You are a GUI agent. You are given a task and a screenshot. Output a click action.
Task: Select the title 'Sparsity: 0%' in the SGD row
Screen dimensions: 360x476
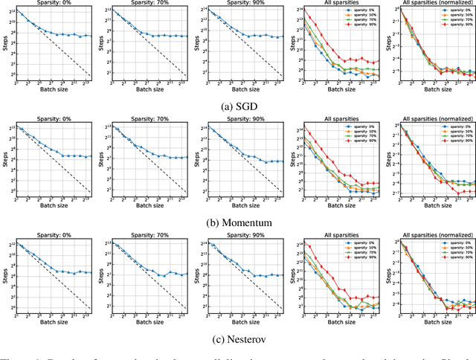(54, 3)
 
